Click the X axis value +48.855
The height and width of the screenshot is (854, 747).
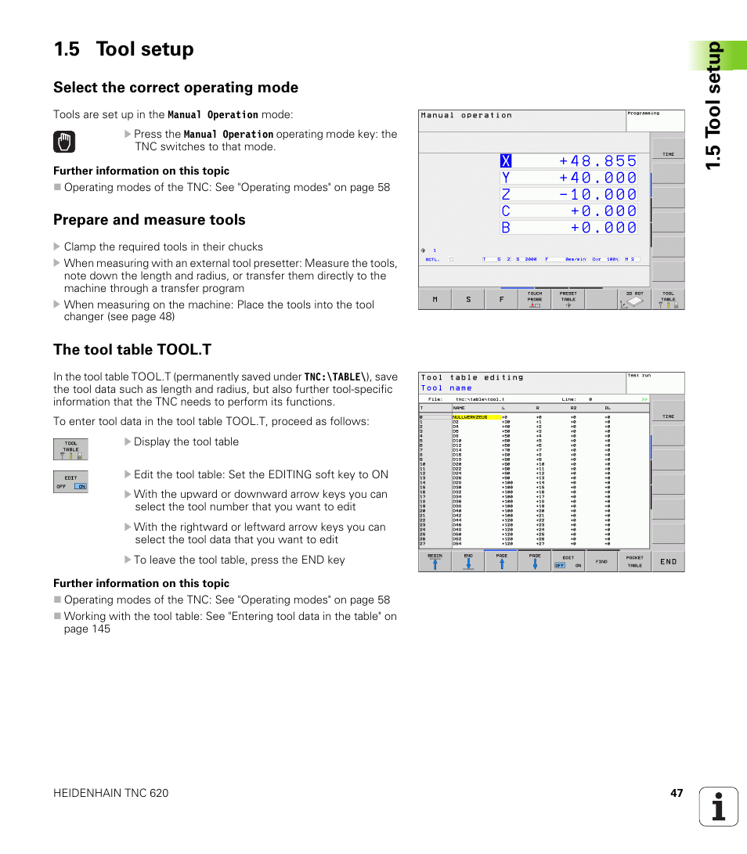tap(597, 161)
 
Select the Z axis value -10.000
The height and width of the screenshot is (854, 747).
tap(597, 194)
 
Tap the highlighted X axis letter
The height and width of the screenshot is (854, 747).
tap(506, 161)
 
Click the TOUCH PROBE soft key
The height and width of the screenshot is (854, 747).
tap(534, 299)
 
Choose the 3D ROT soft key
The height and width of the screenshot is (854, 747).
tap(633, 299)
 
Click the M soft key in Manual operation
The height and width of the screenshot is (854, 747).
tap(435, 299)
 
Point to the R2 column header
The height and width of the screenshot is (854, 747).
tap(573, 409)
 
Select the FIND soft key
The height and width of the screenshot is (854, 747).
tap(601, 561)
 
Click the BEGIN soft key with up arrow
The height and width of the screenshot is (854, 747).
tap(435, 561)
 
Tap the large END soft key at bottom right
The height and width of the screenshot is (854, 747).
tap(668, 561)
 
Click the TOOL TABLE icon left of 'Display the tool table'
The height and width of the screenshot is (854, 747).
tap(70, 449)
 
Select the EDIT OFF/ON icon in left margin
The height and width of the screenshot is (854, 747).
tap(70, 482)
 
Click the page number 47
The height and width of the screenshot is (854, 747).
tap(677, 793)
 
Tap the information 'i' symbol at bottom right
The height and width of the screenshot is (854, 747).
tap(719, 807)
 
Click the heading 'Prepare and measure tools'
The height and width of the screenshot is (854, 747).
tap(149, 220)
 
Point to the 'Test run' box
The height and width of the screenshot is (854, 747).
tap(655, 382)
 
